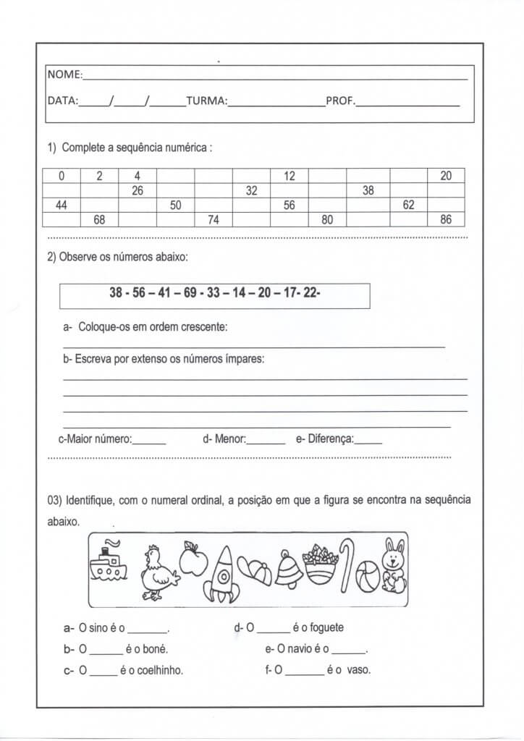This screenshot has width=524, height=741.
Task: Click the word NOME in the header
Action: [64, 75]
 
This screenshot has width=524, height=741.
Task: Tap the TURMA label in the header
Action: [206, 101]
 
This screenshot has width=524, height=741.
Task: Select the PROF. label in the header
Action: [340, 101]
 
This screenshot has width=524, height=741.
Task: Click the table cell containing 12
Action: [290, 176]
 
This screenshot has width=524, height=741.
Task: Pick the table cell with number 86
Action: [446, 219]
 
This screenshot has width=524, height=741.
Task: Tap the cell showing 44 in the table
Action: [62, 205]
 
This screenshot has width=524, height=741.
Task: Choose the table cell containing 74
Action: [213, 219]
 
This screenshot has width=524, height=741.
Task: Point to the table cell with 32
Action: [251, 190]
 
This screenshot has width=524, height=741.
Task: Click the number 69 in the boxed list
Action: [190, 293]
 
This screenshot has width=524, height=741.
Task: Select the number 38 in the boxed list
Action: [116, 293]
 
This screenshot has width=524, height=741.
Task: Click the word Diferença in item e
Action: [330, 439]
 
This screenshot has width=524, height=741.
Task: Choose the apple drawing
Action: [193, 558]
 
